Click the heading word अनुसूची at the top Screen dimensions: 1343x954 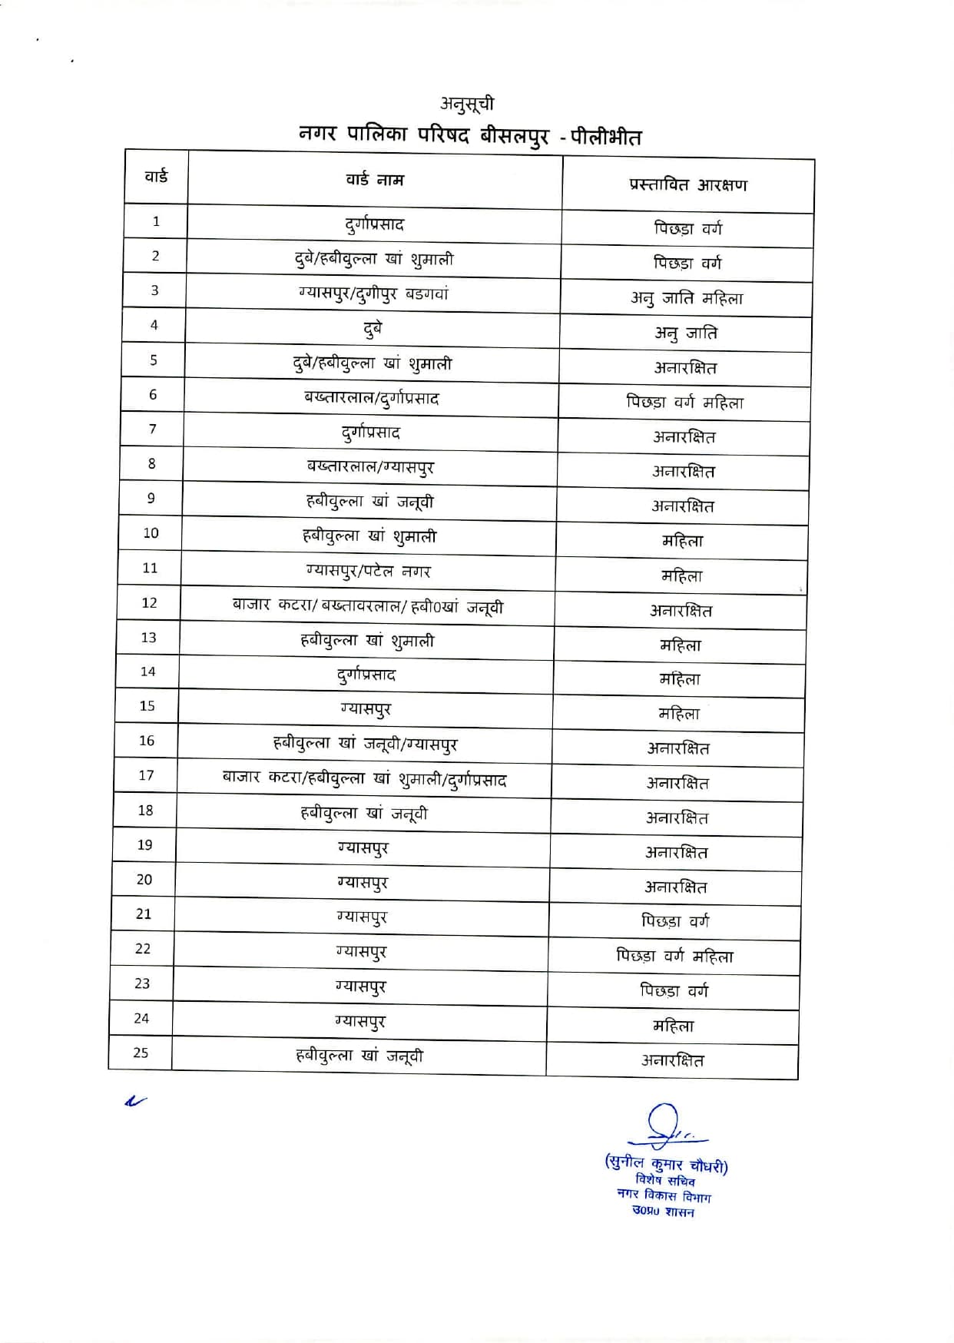click(467, 104)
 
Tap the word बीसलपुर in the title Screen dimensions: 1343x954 click(514, 136)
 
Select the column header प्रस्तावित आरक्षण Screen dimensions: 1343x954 click(687, 185)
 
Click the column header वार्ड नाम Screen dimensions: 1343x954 click(374, 180)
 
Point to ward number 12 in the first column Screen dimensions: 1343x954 click(149, 603)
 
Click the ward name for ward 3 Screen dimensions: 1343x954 click(373, 293)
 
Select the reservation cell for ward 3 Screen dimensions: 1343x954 click(687, 298)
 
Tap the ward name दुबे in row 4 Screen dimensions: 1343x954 click(373, 329)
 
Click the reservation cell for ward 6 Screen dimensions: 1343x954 click(684, 402)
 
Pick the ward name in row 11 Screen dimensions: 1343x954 click(369, 571)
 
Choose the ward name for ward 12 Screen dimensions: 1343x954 click(368, 606)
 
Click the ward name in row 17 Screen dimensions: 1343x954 click(364, 779)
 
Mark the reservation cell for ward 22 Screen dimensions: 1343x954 click(674, 957)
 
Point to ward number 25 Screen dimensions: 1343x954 click(141, 1053)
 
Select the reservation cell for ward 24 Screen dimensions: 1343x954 click(673, 1026)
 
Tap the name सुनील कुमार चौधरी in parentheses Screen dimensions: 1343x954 click(666, 1164)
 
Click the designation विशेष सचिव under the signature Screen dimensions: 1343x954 click(665, 1181)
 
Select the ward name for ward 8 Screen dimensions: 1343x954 click(370, 466)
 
